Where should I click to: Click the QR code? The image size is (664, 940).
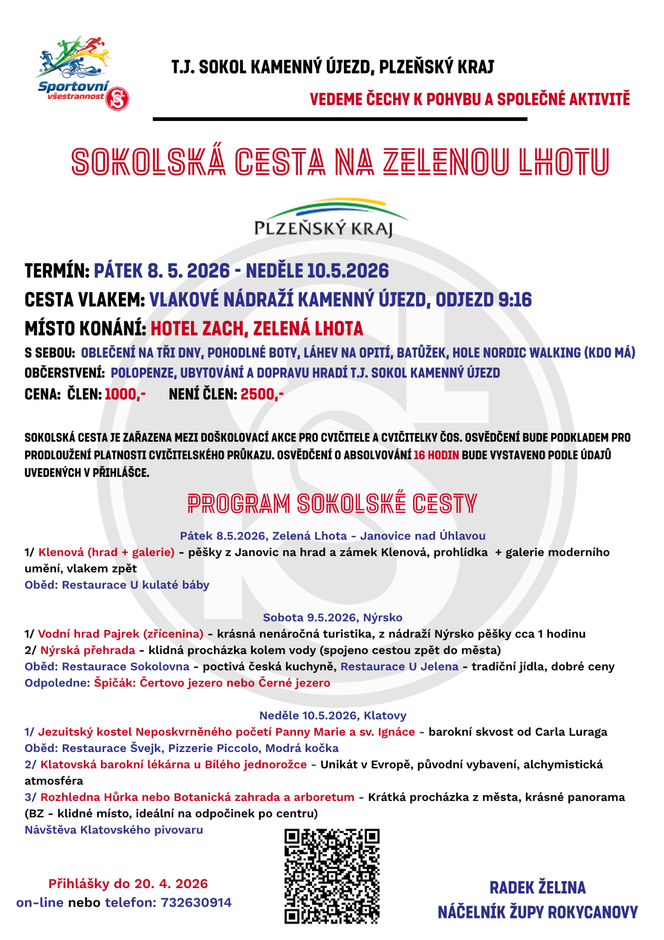coord(332,876)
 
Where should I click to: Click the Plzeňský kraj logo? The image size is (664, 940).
coord(324,218)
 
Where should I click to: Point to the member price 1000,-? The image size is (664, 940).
coord(125,394)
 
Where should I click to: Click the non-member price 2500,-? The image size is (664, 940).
coord(262,394)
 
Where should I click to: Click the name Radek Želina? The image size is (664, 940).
coord(537,888)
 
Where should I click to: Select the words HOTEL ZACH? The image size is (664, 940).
coord(198,329)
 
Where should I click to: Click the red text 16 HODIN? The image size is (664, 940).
coord(436,455)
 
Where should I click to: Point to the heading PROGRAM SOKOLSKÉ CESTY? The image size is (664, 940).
coord(332,504)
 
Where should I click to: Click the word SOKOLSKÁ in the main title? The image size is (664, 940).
coord(148,162)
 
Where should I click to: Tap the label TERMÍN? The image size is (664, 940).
coord(57,271)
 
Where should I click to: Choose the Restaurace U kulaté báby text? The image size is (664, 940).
coord(136,585)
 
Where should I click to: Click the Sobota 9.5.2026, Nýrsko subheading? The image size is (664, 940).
coord(332,617)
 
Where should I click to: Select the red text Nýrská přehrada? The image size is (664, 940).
coord(88,650)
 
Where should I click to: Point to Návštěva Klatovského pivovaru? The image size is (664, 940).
coord(114,830)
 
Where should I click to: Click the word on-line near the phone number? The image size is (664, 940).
coord(40,902)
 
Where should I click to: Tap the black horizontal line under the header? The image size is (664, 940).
coord(340,119)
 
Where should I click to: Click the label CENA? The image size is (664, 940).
coord(43,394)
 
